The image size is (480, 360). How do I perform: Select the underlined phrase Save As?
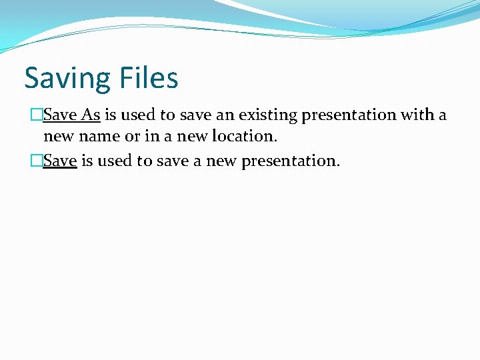click(x=71, y=115)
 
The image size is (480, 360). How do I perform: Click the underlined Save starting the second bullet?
click(x=60, y=161)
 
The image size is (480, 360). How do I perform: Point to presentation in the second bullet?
click(x=291, y=161)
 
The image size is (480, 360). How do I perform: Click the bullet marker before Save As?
click(x=37, y=115)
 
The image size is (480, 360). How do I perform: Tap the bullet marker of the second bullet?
click(x=37, y=161)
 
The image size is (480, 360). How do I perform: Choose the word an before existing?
click(x=222, y=115)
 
